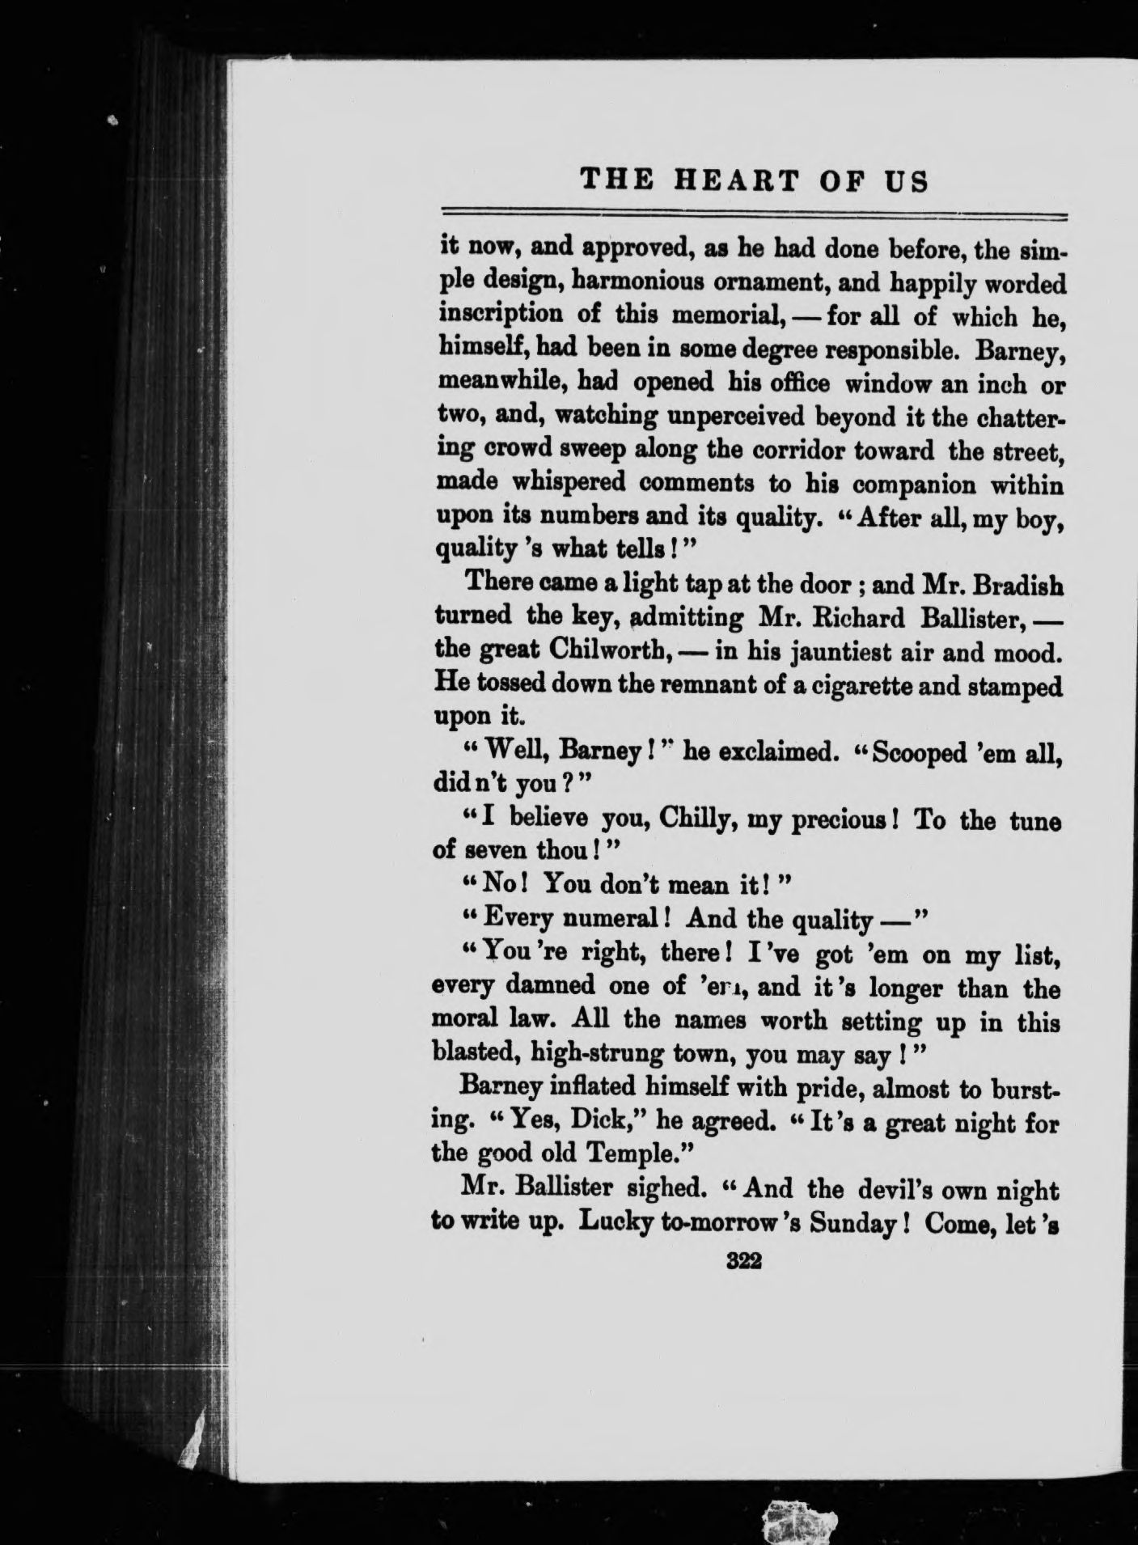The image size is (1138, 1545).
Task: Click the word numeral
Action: pyautogui.click(x=613, y=920)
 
